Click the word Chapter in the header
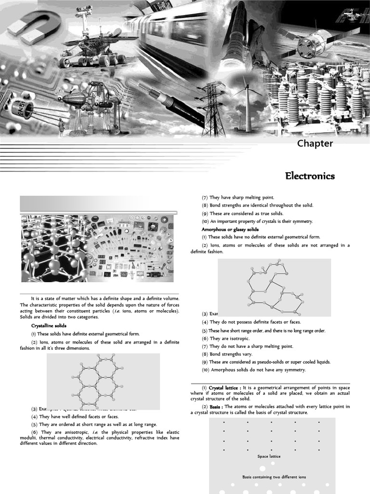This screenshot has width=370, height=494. [315, 143]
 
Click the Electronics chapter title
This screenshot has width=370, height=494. [309, 176]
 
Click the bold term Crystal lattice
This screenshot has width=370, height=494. [225, 387]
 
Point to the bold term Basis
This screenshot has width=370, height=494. [215, 407]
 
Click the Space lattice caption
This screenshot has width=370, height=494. [269, 456]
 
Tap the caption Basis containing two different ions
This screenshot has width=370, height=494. [274, 477]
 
